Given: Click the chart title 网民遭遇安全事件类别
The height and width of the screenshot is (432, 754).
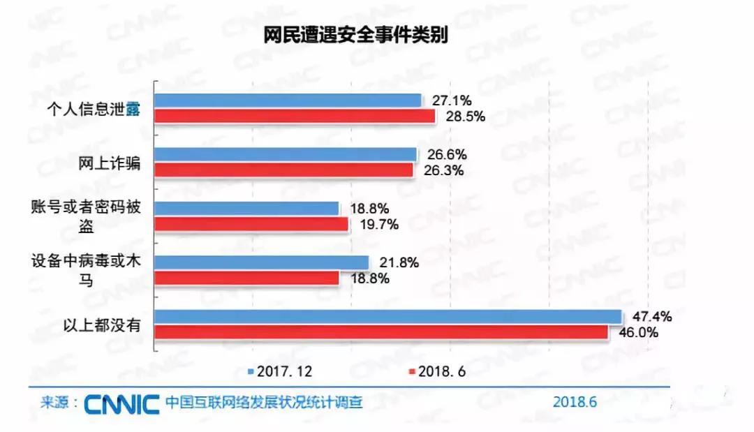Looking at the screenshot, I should click(x=355, y=36).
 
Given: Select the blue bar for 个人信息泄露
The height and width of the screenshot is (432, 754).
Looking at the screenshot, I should click(x=288, y=100).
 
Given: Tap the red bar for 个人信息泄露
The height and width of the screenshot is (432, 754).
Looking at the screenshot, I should click(x=295, y=116).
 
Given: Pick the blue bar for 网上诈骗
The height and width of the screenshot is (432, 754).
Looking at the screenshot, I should click(x=286, y=154).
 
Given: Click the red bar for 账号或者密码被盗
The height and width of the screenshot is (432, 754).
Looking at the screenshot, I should click(x=251, y=224).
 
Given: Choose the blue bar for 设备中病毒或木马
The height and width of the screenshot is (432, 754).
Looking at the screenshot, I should click(x=261, y=262).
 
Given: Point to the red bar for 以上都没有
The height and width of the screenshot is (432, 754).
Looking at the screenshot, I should click(x=380, y=332).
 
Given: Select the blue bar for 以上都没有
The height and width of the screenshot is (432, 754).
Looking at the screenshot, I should click(x=387, y=317).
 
